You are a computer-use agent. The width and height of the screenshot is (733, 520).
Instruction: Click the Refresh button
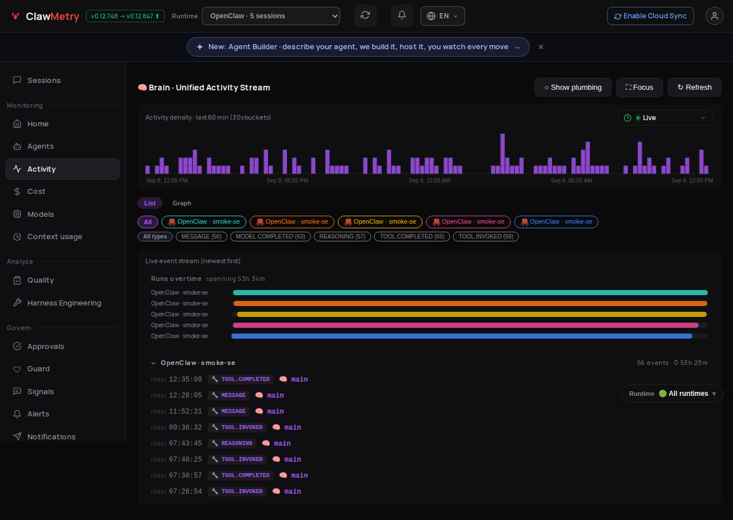click(x=694, y=88)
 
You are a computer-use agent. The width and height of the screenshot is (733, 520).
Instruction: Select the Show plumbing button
click(x=573, y=88)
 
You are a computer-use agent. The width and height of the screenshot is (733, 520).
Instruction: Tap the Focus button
click(x=639, y=88)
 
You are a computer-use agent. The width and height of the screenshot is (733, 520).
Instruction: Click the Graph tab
click(x=182, y=203)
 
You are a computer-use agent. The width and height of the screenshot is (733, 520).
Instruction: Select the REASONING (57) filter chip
click(x=342, y=237)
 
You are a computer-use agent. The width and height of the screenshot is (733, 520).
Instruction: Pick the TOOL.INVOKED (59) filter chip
click(x=486, y=237)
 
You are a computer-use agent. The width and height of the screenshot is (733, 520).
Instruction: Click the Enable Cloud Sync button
click(x=650, y=16)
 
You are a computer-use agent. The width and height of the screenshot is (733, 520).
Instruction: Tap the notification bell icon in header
click(x=402, y=15)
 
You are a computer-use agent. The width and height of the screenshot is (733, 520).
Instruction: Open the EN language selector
click(x=443, y=16)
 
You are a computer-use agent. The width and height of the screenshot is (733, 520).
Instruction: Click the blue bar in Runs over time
click(x=462, y=336)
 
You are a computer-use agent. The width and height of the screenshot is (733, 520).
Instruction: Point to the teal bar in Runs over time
click(x=470, y=292)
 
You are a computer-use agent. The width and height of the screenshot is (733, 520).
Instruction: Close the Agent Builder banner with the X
click(x=541, y=47)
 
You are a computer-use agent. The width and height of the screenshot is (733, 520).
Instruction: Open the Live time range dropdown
click(x=665, y=118)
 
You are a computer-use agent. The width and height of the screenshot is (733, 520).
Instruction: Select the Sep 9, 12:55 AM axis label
click(x=429, y=180)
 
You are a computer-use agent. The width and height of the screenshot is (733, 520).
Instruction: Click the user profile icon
click(x=714, y=16)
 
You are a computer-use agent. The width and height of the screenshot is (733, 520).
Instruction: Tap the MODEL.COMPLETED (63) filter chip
click(x=270, y=237)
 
